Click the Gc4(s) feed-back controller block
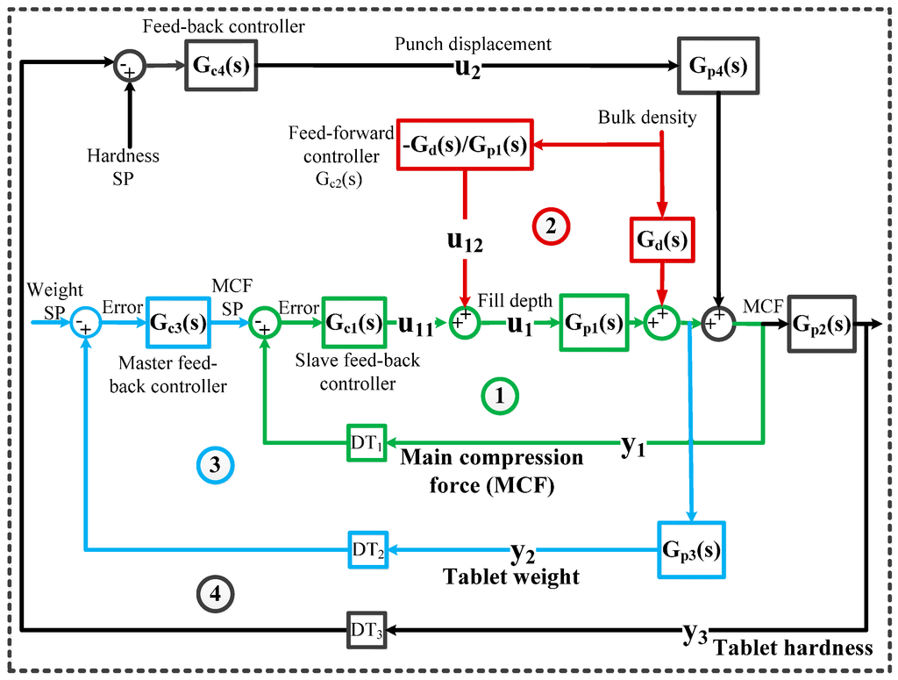pyautogui.click(x=220, y=65)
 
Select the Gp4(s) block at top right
pyautogui.click(x=718, y=66)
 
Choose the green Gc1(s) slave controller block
pyautogui.click(x=354, y=322)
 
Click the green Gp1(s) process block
pyautogui.click(x=594, y=322)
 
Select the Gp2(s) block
pyautogui.click(x=821, y=322)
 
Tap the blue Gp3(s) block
pyautogui.click(x=691, y=550)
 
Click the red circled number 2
pyautogui.click(x=550, y=225)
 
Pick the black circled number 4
pyautogui.click(x=214, y=594)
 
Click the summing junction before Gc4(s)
pyautogui.click(x=129, y=65)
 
